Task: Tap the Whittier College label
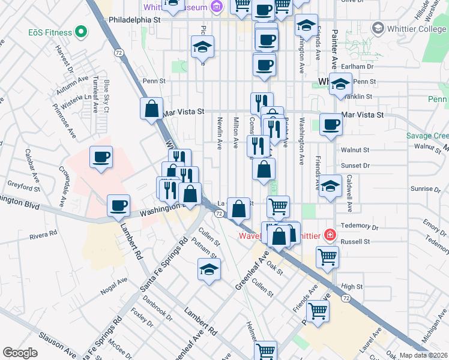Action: pyautogui.click(x=417, y=28)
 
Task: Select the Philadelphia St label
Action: pyautogui.click(x=135, y=20)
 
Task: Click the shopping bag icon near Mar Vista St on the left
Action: pyautogui.click(x=152, y=109)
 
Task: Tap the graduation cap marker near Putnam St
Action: pyautogui.click(x=209, y=269)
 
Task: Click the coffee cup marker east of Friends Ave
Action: pyautogui.click(x=330, y=124)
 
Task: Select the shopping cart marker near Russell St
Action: pyautogui.click(x=328, y=256)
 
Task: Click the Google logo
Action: pyautogui.click(x=20, y=353)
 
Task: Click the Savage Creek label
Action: pyautogui.click(x=427, y=136)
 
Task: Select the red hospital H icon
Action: pyautogui.click(x=329, y=234)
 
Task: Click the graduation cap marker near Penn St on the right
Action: pyautogui.click(x=340, y=85)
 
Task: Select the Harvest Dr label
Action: pyautogui.click(x=62, y=58)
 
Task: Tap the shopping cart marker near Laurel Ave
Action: pyautogui.click(x=318, y=310)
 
